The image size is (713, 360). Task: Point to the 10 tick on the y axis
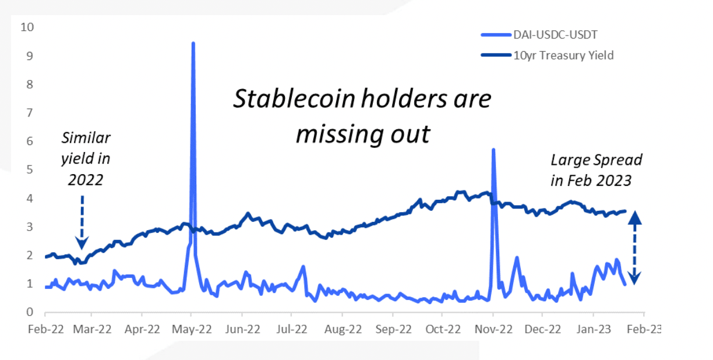(27, 27)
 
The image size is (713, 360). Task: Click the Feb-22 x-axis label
(44, 329)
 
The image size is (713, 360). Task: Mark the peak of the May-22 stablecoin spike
(193, 43)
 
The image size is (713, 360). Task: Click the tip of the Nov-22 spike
(493, 150)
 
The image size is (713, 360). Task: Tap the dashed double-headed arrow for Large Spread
(635, 248)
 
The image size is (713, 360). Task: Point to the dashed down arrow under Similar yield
(82, 222)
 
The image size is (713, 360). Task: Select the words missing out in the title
(362, 134)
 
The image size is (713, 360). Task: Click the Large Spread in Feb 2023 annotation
(591, 170)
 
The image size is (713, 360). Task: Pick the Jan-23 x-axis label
(594, 329)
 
